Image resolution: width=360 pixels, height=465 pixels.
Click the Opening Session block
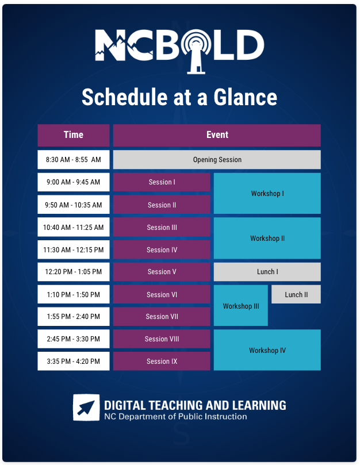(217, 159)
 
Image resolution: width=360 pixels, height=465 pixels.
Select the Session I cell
(162, 182)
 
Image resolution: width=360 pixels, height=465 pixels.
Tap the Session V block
(162, 272)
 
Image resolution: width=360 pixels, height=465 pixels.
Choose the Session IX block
(162, 362)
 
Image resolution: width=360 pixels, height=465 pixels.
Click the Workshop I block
(267, 194)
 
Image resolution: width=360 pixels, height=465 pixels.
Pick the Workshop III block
(240, 306)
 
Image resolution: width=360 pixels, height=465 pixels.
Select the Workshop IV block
(267, 350)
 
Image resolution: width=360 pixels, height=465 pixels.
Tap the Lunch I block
(267, 272)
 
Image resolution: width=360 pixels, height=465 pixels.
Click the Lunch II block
(296, 294)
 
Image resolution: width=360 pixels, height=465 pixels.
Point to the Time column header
(74, 135)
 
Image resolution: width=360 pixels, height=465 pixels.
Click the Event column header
(217, 135)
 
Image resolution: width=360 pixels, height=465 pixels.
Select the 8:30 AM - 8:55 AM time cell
(74, 159)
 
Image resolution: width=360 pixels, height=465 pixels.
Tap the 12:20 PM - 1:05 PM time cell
(74, 272)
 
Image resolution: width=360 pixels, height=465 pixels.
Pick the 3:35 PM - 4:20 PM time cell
(74, 362)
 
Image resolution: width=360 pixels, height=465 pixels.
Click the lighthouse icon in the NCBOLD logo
(197, 49)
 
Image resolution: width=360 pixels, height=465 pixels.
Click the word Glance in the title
(244, 97)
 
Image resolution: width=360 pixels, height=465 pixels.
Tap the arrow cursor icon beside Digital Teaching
(86, 408)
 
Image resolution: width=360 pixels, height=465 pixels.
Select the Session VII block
(162, 317)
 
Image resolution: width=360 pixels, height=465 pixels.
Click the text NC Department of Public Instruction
(175, 417)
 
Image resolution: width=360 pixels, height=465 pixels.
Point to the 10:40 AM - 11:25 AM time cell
(74, 228)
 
